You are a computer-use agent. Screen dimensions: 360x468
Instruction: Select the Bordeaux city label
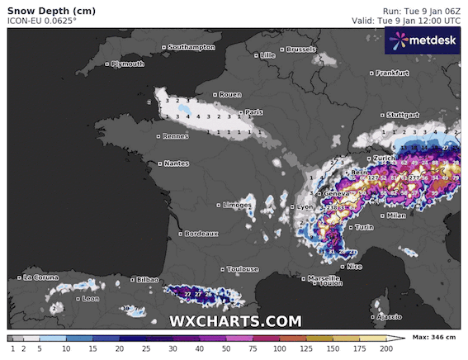(x=201, y=234)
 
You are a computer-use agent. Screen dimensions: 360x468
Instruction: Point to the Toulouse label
(x=243, y=269)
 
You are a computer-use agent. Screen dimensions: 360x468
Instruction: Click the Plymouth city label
(x=127, y=64)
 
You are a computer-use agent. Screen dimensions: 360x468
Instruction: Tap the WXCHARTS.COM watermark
(x=235, y=320)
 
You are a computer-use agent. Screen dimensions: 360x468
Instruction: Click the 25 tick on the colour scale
(x=144, y=349)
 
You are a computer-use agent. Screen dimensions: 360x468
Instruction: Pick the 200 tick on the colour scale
(x=385, y=349)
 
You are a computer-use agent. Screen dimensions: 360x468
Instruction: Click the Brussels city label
(x=301, y=50)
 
